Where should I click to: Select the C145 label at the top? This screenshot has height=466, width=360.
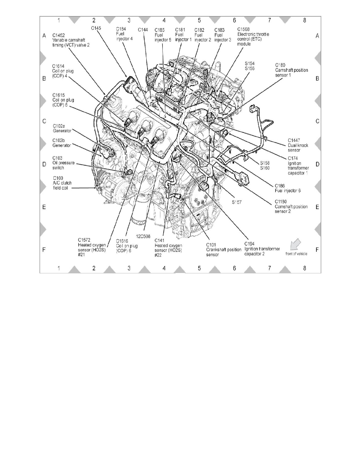point(96,28)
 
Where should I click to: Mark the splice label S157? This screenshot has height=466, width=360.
point(236,202)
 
